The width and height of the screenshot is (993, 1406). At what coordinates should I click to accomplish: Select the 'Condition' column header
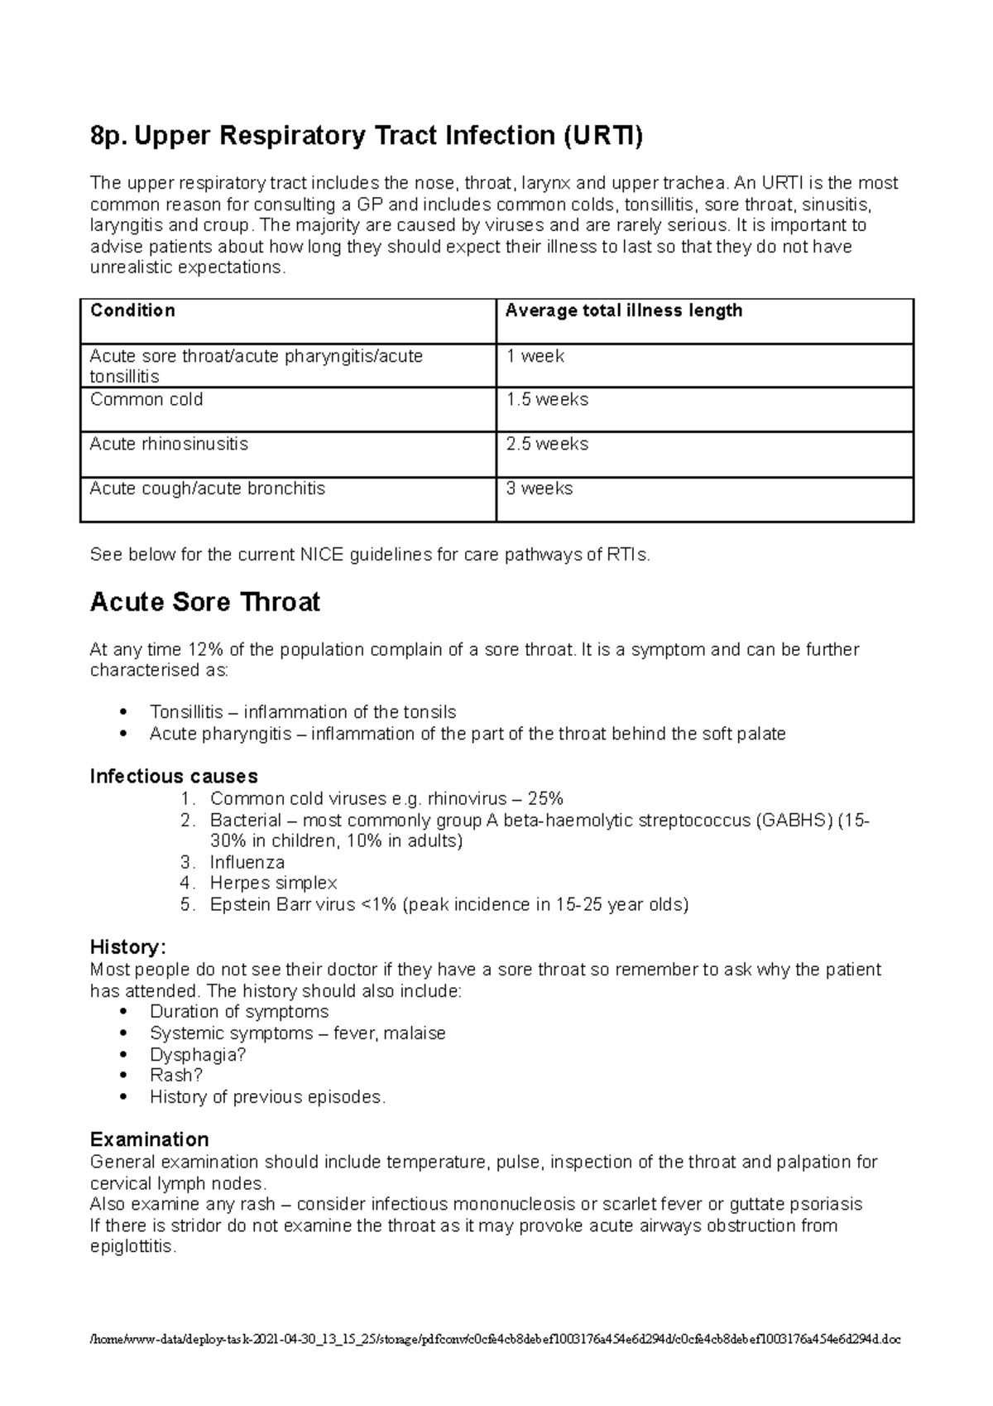[x=132, y=311]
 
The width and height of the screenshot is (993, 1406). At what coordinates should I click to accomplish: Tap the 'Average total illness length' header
[x=623, y=311]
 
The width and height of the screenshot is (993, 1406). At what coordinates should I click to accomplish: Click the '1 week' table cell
[x=535, y=356]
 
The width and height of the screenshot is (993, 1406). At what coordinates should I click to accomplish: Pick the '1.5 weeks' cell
[x=547, y=400]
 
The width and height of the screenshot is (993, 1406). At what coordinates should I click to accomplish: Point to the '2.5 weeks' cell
[x=547, y=445]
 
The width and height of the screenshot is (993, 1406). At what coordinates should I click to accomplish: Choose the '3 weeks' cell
[x=539, y=489]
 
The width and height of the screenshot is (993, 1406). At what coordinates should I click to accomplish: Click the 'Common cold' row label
[x=146, y=400]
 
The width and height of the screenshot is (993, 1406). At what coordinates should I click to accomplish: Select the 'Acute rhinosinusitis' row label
[x=169, y=445]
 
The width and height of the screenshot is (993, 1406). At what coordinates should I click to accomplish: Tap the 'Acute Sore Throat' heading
[x=204, y=602]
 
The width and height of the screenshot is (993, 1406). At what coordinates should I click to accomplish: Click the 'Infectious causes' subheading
[x=174, y=777]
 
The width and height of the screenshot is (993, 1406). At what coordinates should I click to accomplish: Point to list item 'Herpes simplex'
[x=273, y=884]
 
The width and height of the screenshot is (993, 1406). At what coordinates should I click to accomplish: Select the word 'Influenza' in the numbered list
[x=247, y=863]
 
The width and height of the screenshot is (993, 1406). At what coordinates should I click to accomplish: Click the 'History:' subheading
[x=128, y=947]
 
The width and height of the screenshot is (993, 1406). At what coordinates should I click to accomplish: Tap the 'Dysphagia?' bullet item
[x=198, y=1055]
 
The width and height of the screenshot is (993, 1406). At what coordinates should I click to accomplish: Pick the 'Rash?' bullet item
[x=175, y=1076]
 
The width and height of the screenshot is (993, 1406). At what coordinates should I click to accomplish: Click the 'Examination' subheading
[x=149, y=1139]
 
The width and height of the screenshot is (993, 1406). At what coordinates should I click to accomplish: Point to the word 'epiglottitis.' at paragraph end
[x=132, y=1247]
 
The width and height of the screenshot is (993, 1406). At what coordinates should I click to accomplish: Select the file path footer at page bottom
[x=496, y=1339]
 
